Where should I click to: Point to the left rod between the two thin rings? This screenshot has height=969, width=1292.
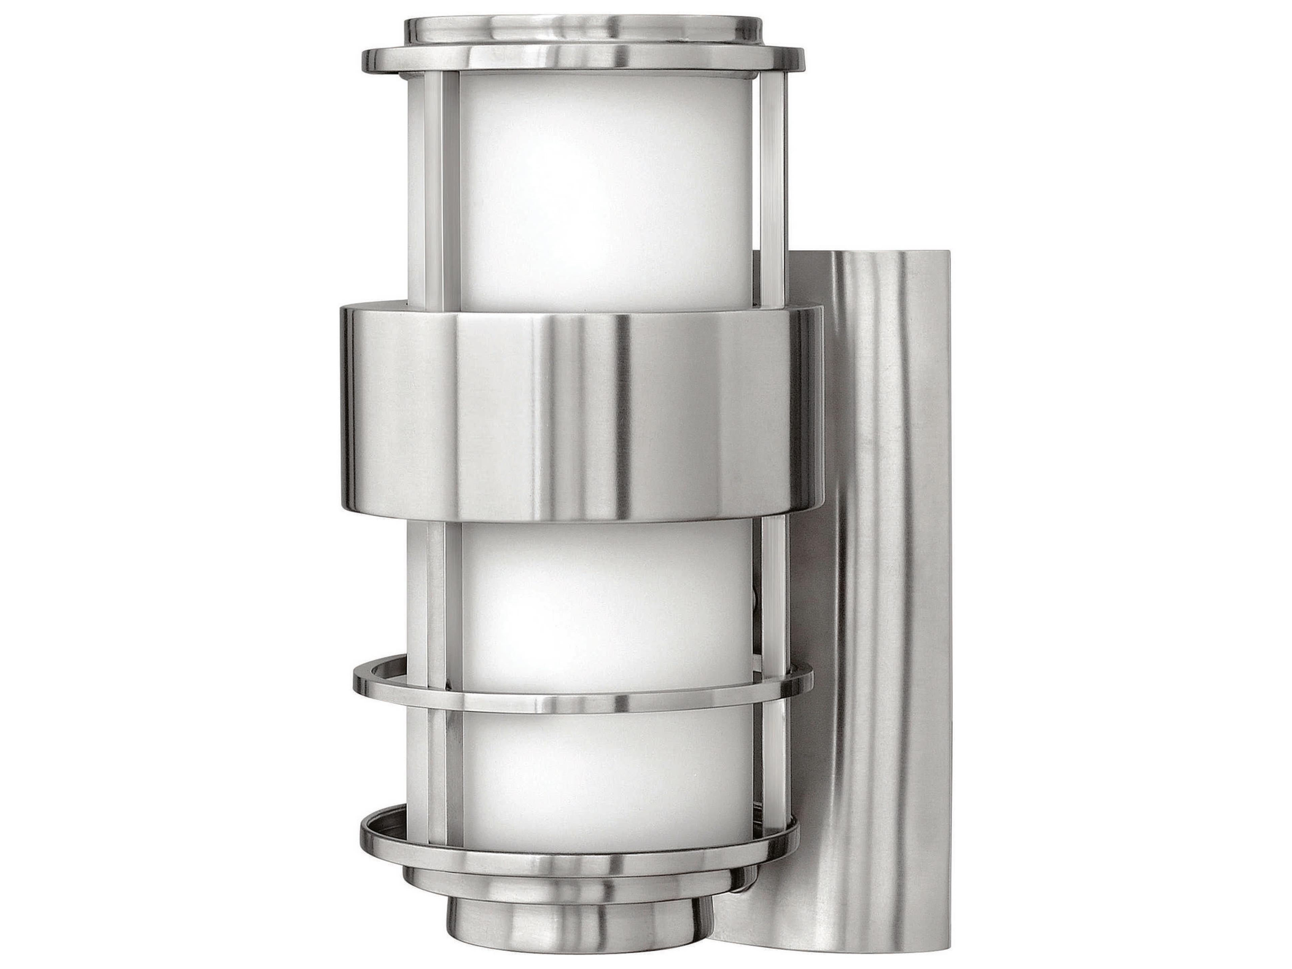pyautogui.click(x=438, y=771)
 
